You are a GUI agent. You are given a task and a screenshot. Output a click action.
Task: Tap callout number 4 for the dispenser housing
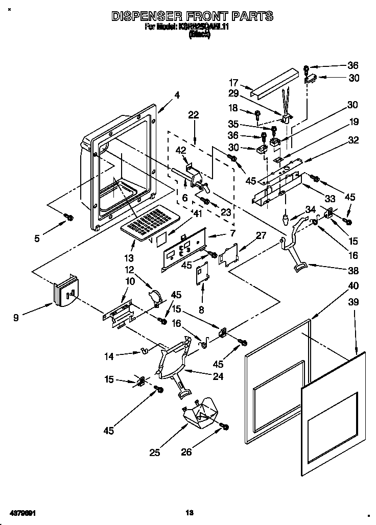(177, 94)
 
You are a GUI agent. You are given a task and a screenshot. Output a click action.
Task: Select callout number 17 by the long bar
(233, 82)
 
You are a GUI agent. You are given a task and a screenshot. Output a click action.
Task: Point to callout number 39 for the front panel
(353, 302)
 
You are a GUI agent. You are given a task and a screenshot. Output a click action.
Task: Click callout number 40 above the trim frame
(353, 285)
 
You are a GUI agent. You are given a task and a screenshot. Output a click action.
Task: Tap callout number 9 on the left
(16, 317)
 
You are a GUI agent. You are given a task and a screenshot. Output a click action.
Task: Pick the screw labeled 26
(223, 426)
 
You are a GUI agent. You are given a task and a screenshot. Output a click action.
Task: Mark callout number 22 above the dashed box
(193, 115)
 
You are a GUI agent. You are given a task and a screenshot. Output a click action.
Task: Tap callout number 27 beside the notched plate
(261, 235)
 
